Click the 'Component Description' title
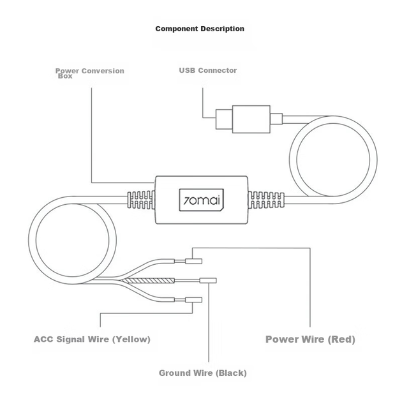(200, 29)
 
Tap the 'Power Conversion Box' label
(90, 73)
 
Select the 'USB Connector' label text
(208, 70)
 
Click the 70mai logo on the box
(201, 200)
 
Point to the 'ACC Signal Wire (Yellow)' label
(92, 339)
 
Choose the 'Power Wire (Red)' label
(310, 339)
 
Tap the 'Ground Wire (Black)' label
(203, 373)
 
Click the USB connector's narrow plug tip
(224, 119)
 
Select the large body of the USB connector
(251, 119)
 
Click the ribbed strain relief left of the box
(141, 200)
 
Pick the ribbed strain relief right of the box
(266, 200)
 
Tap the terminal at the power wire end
(193, 261)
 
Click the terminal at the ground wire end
(208, 281)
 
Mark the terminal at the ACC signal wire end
(193, 300)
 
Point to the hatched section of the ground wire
(148, 281)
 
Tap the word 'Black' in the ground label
(231, 373)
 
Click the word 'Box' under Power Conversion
(65, 76)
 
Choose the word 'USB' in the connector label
(187, 70)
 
